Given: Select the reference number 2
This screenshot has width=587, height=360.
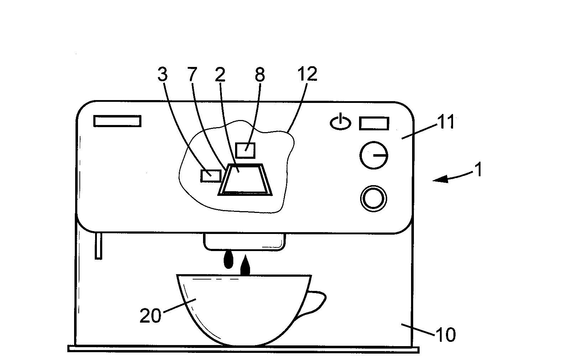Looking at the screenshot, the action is (x=220, y=74).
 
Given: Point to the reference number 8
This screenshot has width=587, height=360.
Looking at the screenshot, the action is (x=260, y=74).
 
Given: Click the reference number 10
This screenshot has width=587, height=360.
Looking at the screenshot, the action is (x=446, y=335).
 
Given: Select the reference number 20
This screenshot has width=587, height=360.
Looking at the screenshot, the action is (x=150, y=315).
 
